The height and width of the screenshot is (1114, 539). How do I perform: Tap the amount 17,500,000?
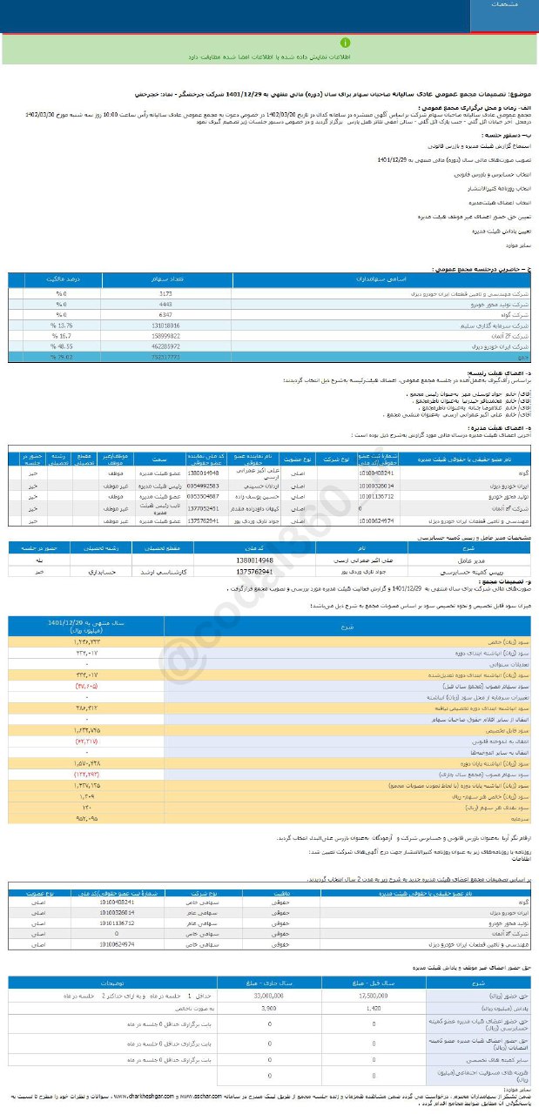[372, 993]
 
